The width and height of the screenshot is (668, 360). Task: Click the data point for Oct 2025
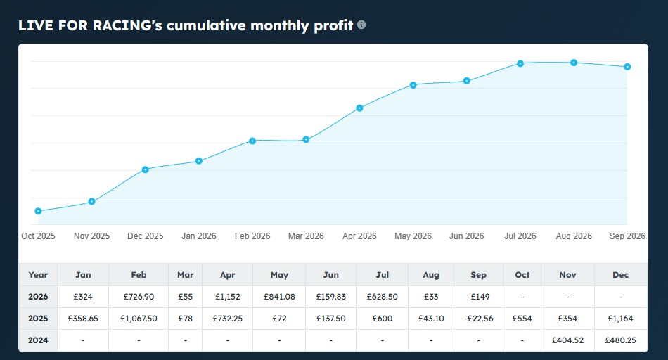pos(39,211)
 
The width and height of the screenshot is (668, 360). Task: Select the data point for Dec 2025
pos(146,169)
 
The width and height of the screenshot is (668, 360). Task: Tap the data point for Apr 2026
pos(359,108)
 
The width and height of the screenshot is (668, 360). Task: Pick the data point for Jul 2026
pos(520,63)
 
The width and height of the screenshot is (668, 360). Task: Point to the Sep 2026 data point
pos(627,67)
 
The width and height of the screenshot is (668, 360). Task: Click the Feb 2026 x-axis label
pos(252,236)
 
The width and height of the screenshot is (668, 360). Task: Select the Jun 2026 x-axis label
pos(466,236)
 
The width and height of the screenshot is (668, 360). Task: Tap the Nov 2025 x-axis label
pos(91,236)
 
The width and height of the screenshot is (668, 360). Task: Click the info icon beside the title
pos(361,25)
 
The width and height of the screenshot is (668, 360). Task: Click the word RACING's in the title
pos(127,25)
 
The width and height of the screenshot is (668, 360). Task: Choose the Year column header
pos(38,275)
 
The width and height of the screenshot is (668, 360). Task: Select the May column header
pos(279,275)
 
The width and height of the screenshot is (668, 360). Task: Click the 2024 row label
pos(38,340)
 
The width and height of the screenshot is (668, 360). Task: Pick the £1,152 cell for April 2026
pos(228,297)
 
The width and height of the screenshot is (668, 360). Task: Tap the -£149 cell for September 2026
pos(478,297)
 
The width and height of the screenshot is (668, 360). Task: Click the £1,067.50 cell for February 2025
pos(139,319)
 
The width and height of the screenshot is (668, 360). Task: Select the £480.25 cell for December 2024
pos(620,340)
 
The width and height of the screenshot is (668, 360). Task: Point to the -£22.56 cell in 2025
pos(478,319)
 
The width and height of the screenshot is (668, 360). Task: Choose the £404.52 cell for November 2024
pos(567,340)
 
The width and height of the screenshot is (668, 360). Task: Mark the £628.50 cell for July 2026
pos(382,297)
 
